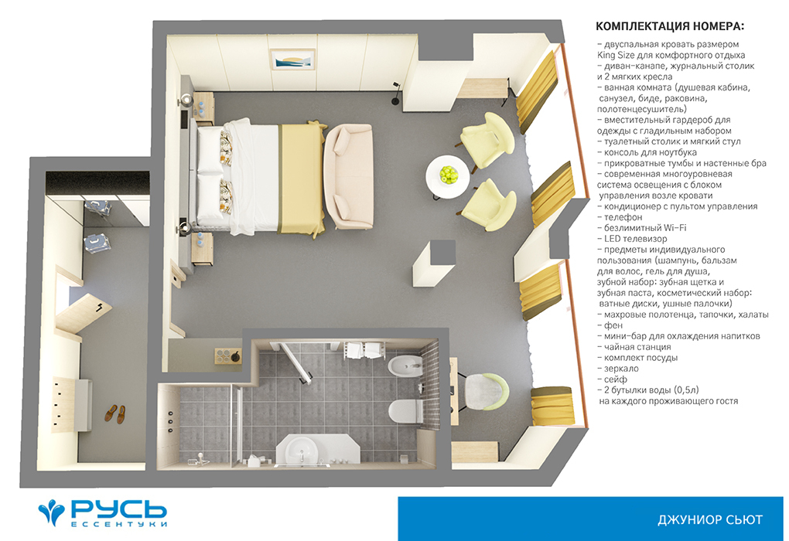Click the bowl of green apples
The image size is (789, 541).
coord(449,175)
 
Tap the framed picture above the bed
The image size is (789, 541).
coord(292,60)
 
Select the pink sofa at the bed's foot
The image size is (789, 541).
coord(348,176)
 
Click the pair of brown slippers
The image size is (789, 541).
coord(115,414)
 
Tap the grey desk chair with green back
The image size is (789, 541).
coord(486,392)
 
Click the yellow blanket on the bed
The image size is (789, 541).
coord(301,179)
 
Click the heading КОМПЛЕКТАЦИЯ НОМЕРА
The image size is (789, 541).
coord(670,26)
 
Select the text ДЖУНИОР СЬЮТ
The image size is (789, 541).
coord(710,519)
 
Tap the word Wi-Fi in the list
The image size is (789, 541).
coord(675,228)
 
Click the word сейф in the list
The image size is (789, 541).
coord(616,379)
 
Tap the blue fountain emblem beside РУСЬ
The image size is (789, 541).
coord(51,512)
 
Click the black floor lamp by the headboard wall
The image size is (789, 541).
coord(396,94)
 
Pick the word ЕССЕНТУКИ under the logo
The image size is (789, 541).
coord(119,524)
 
